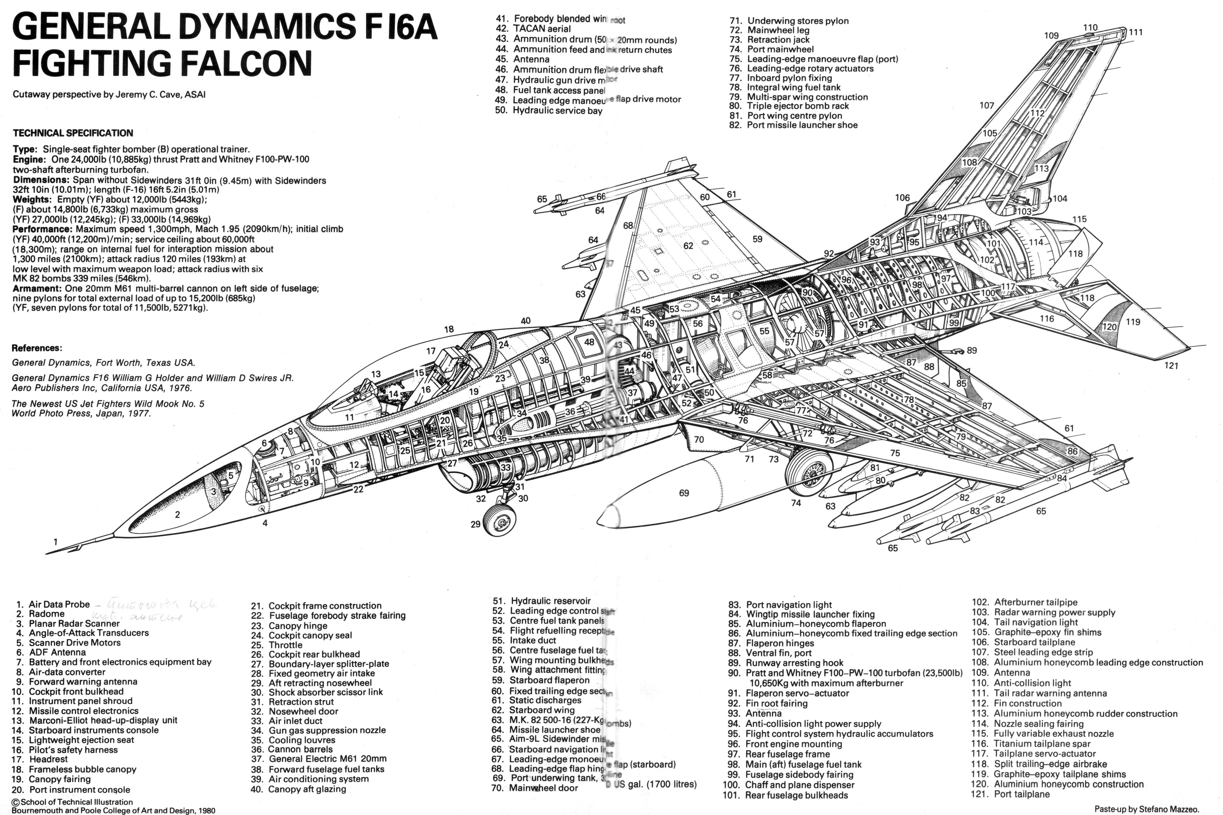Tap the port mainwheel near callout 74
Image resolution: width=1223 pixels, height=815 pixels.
coord(809,473)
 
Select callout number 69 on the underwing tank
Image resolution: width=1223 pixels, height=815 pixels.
coord(684,493)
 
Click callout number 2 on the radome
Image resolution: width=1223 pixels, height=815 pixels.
coord(177,515)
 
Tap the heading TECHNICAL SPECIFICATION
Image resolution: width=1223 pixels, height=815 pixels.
coord(73,133)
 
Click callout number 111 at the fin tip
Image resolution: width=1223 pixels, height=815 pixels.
coord(1136,32)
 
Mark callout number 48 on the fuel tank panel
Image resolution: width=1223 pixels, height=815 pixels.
coord(589,342)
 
